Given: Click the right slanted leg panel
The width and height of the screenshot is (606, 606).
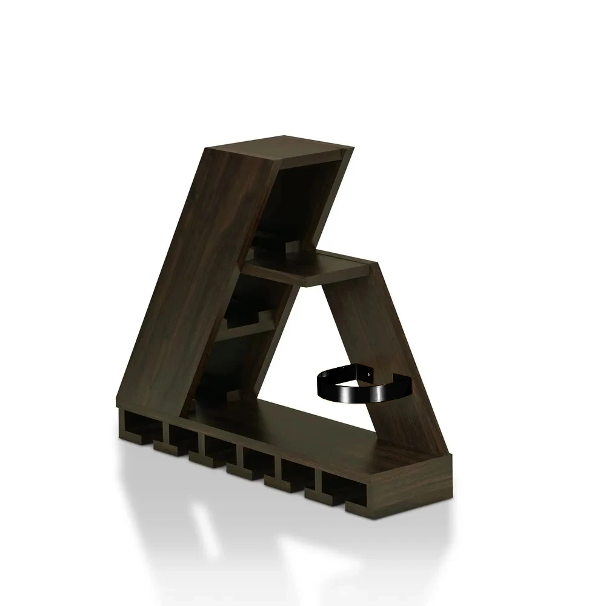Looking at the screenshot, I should [x=388, y=339].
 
